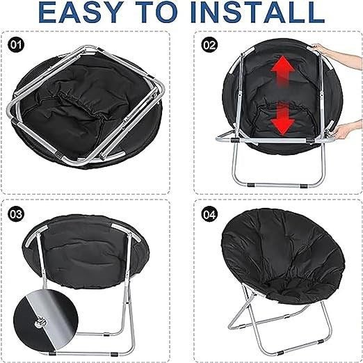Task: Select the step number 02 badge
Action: point(207,45)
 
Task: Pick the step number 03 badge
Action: point(17,212)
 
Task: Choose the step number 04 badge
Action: point(207,212)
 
